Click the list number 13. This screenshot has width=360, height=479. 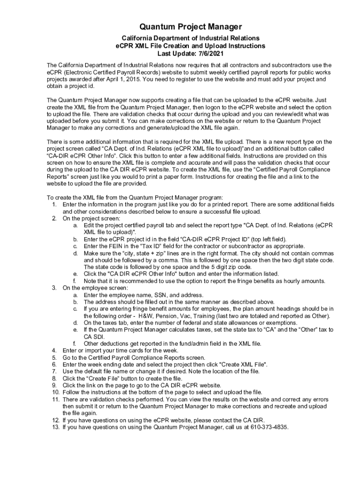pos(55,427)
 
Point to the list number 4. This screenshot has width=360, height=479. pos(54,350)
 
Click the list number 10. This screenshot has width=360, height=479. pos(55,392)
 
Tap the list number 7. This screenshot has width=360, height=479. pos(54,371)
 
